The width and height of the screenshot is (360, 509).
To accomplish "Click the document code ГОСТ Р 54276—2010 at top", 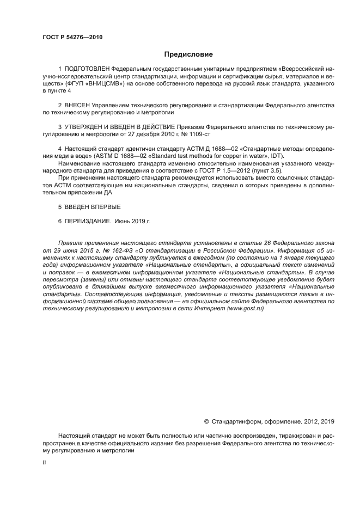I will (72, 37).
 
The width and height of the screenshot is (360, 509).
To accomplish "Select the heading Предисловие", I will (188, 54).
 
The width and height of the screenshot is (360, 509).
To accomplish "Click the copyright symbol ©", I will (206, 421).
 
